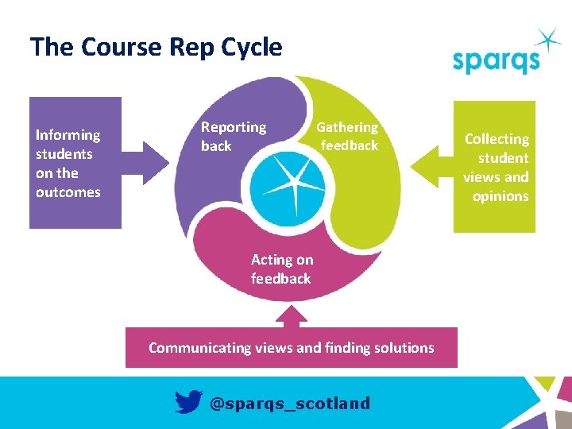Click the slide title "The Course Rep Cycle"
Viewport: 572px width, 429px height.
(156, 48)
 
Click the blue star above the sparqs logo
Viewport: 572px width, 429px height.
(547, 40)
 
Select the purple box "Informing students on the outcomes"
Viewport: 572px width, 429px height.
(75, 163)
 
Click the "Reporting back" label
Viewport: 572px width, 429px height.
(233, 136)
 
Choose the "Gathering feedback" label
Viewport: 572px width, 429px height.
(348, 136)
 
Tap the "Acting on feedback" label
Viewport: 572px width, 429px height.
(281, 269)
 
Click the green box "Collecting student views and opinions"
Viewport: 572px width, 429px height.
(494, 167)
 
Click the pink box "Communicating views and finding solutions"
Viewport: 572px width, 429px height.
(292, 347)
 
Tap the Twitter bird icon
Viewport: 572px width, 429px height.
(188, 402)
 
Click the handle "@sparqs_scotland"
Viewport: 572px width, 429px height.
(289, 403)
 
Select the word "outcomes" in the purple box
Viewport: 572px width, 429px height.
(68, 192)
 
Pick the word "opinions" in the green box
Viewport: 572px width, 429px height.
(500, 196)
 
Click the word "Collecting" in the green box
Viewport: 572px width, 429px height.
(497, 139)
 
